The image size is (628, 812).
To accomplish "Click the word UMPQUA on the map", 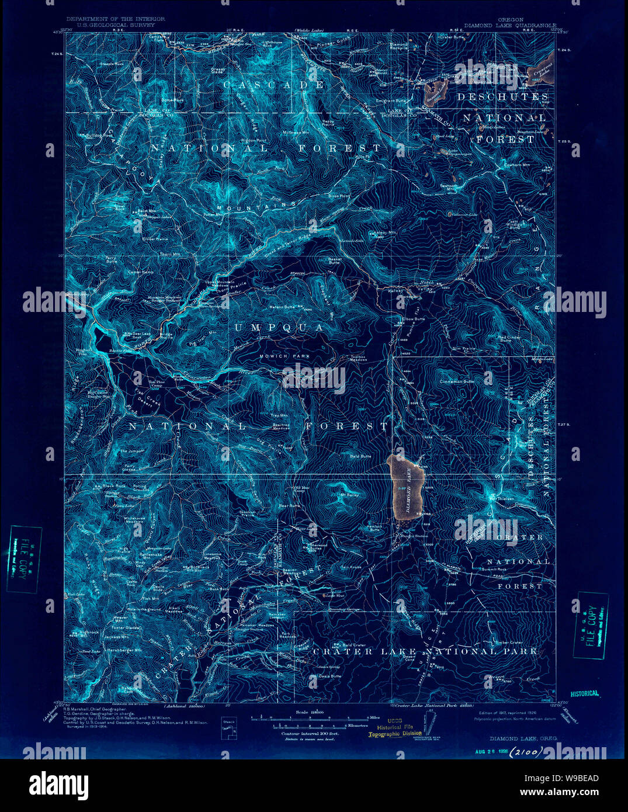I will [279, 328].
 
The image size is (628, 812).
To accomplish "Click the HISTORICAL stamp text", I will [584, 693].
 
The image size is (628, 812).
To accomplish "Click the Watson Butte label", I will [280, 307].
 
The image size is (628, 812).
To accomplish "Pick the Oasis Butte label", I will [320, 678].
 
